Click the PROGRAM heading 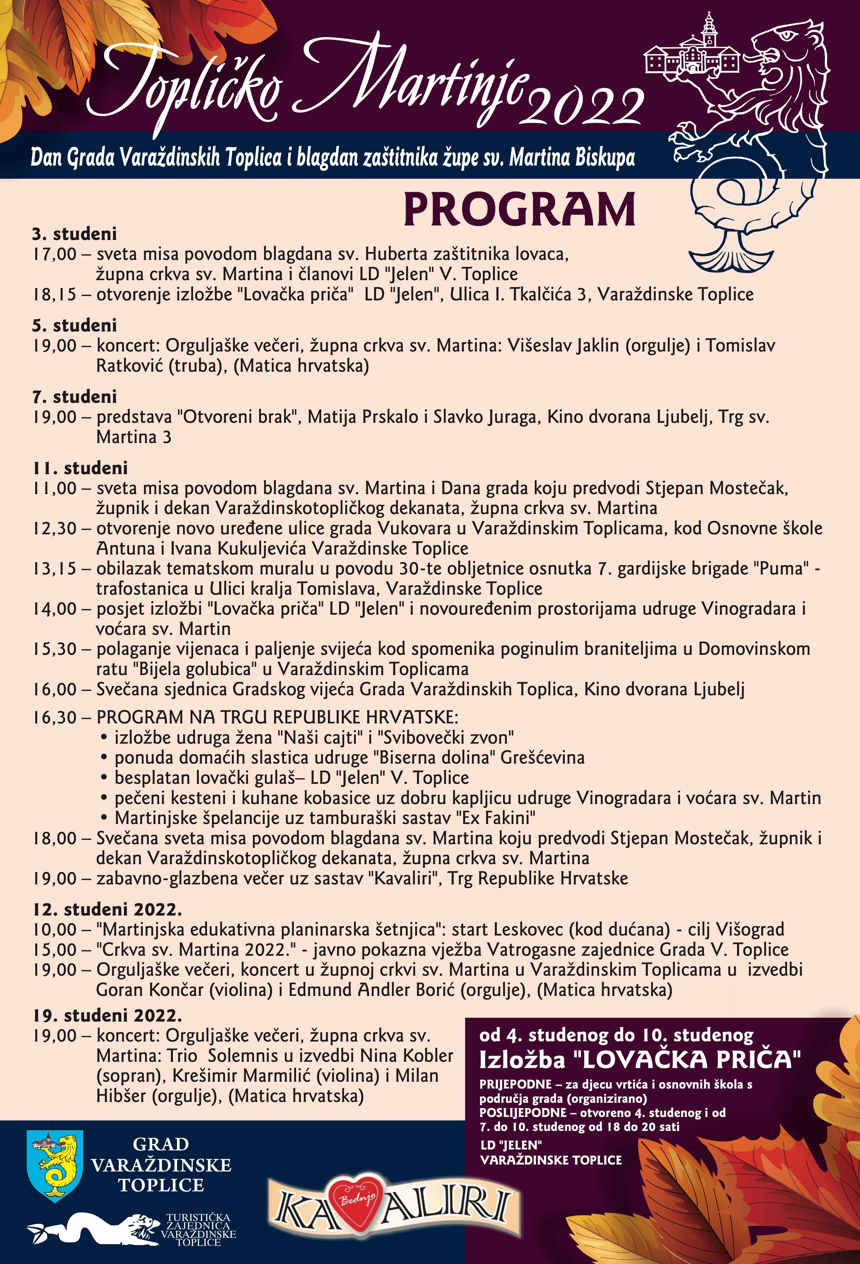(x=519, y=210)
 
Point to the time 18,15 (x=54, y=294)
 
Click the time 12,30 (x=54, y=528)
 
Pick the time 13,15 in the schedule (x=54, y=568)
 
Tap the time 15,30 (x=54, y=649)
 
